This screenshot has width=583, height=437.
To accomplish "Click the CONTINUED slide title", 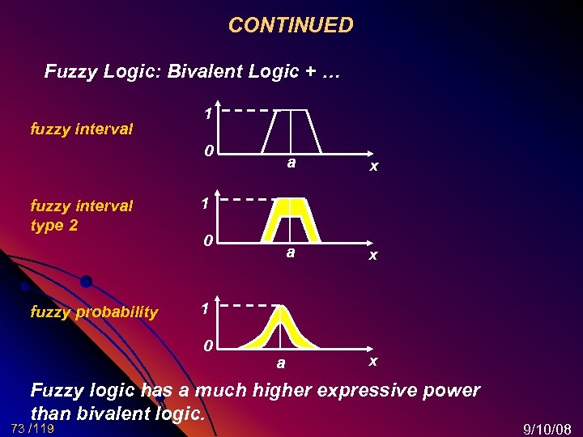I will click(291, 25).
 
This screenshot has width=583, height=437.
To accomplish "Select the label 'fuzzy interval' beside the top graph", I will click(81, 129).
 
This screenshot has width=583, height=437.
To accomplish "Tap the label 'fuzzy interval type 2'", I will click(81, 215).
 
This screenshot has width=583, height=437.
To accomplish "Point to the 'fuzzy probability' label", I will click(94, 312).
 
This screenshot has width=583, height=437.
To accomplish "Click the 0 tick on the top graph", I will click(208, 151).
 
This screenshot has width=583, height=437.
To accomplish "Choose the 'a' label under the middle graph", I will click(291, 252).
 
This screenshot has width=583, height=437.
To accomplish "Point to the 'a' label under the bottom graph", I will click(281, 363).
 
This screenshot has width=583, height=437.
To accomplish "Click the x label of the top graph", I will click(373, 166).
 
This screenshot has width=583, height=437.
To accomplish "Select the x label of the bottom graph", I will click(373, 361).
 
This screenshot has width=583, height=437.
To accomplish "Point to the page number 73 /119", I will click(33, 428).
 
